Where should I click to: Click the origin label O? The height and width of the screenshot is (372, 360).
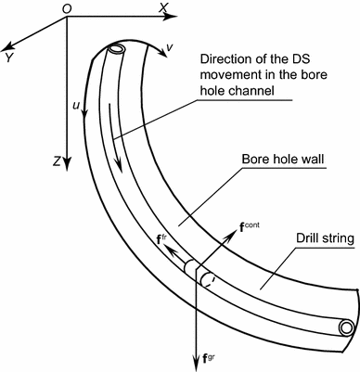pyautogui.click(x=67, y=8)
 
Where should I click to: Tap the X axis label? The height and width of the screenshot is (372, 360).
pyautogui.click(x=164, y=8)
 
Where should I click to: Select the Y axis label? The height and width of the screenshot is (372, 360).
pyautogui.click(x=8, y=57)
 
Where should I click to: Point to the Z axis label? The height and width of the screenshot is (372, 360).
pyautogui.click(x=58, y=162)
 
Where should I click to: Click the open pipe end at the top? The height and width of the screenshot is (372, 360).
pyautogui.click(x=116, y=49)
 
